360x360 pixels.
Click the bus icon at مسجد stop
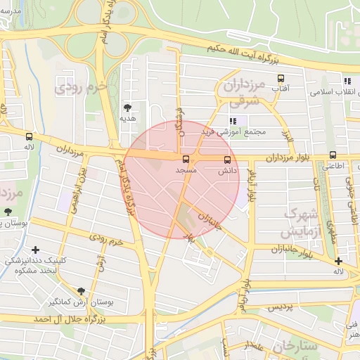coord(186,160)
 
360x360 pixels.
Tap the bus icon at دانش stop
coord(226,160)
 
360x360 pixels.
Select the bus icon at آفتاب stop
coord(281,79)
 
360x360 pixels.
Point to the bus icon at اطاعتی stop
coord(333,155)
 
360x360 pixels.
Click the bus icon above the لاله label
coord(29,136)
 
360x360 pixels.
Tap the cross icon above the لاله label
coord(339,261)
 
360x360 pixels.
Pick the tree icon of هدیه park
coord(127,107)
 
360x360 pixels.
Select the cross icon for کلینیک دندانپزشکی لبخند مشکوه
coord(36,250)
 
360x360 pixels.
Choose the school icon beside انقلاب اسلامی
coord(347,82)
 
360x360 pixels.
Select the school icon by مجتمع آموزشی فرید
coord(233,121)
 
